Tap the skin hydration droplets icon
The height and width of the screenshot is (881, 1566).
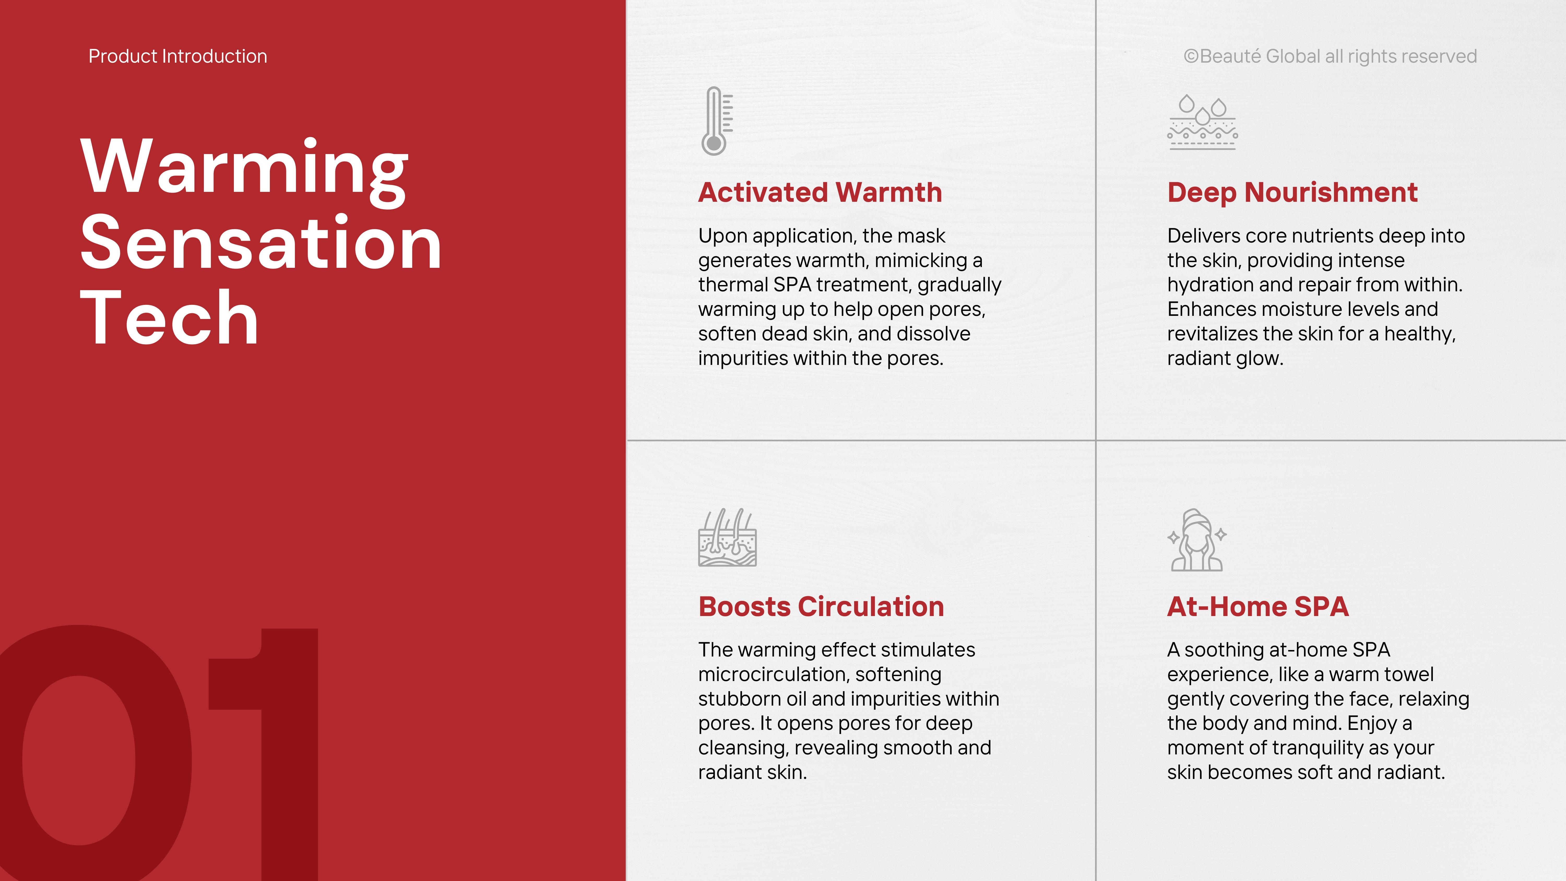(x=1202, y=122)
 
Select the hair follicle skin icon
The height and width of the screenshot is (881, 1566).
(x=727, y=537)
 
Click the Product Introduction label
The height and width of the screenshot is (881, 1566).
(x=177, y=56)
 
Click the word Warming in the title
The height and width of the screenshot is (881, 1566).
(x=244, y=168)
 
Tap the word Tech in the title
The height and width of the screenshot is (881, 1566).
(x=170, y=317)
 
